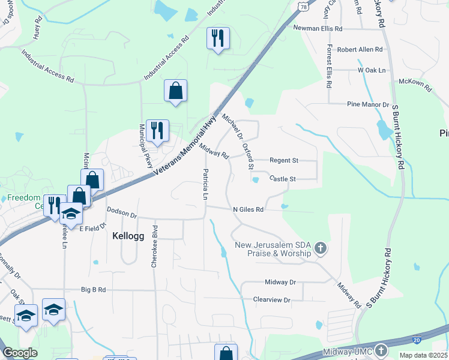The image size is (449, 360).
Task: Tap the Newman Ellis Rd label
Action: tap(318, 28)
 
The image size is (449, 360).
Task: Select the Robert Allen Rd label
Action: tap(360, 49)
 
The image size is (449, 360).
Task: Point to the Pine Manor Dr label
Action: tap(369, 104)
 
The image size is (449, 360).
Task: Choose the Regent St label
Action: tap(284, 161)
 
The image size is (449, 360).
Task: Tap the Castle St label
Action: tap(283, 179)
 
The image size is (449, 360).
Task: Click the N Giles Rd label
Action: tap(248, 209)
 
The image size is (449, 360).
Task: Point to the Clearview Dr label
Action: tap(271, 299)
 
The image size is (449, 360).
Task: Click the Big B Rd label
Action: tap(93, 290)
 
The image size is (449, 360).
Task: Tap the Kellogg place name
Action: tap(128, 236)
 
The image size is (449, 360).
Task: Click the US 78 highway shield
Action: tap(304, 6)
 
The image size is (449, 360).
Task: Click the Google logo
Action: tap(20, 353)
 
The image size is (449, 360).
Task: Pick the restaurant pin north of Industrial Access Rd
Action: tap(217, 38)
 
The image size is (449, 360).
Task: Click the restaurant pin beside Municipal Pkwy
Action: tap(157, 131)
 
